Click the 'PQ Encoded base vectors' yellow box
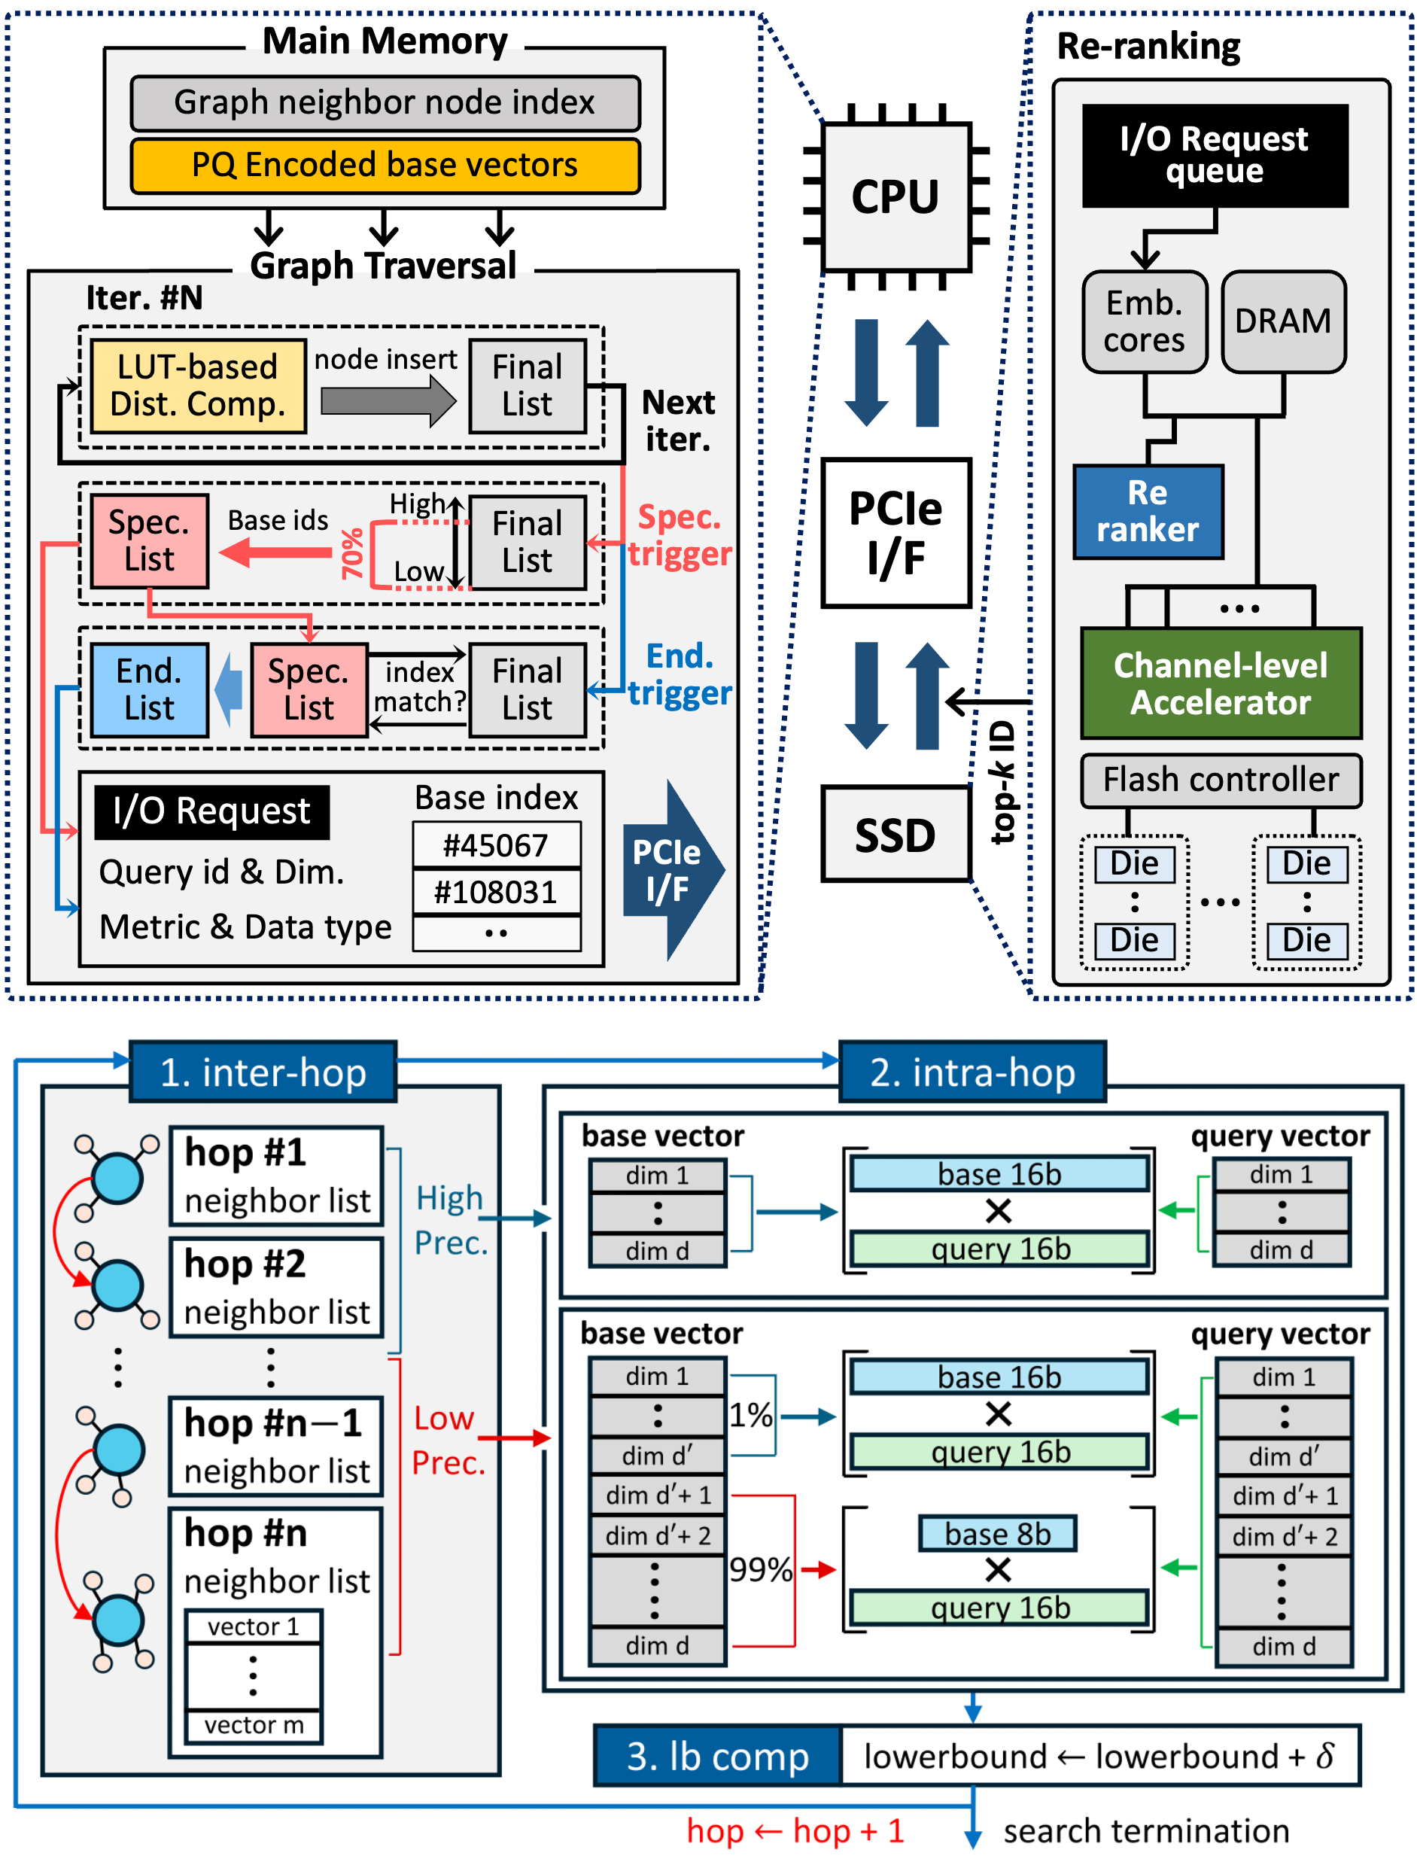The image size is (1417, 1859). point(385,166)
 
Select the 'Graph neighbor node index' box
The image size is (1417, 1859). point(385,103)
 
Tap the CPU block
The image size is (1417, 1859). point(895,196)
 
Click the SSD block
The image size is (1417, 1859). point(895,834)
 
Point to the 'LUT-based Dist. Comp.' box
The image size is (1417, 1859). point(197,385)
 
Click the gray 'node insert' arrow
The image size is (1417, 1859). point(387,400)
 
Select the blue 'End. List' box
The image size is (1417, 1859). point(149,689)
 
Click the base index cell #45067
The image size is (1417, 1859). point(496,844)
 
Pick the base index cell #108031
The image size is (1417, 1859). point(496,892)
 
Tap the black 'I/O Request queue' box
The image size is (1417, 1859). point(1214,155)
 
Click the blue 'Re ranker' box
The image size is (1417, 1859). point(1147,511)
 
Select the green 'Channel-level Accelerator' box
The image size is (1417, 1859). point(1220,683)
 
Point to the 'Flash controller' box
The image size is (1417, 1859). point(1220,780)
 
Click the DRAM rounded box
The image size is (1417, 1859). point(1282,321)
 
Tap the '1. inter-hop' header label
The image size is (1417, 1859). point(263,1072)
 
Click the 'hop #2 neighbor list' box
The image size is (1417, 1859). point(277,1286)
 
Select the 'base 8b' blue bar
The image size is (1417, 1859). point(997,1532)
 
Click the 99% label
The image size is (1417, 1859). point(760,1568)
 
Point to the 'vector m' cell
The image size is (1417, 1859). point(253,1724)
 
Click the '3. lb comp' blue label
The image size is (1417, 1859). point(718,1755)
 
